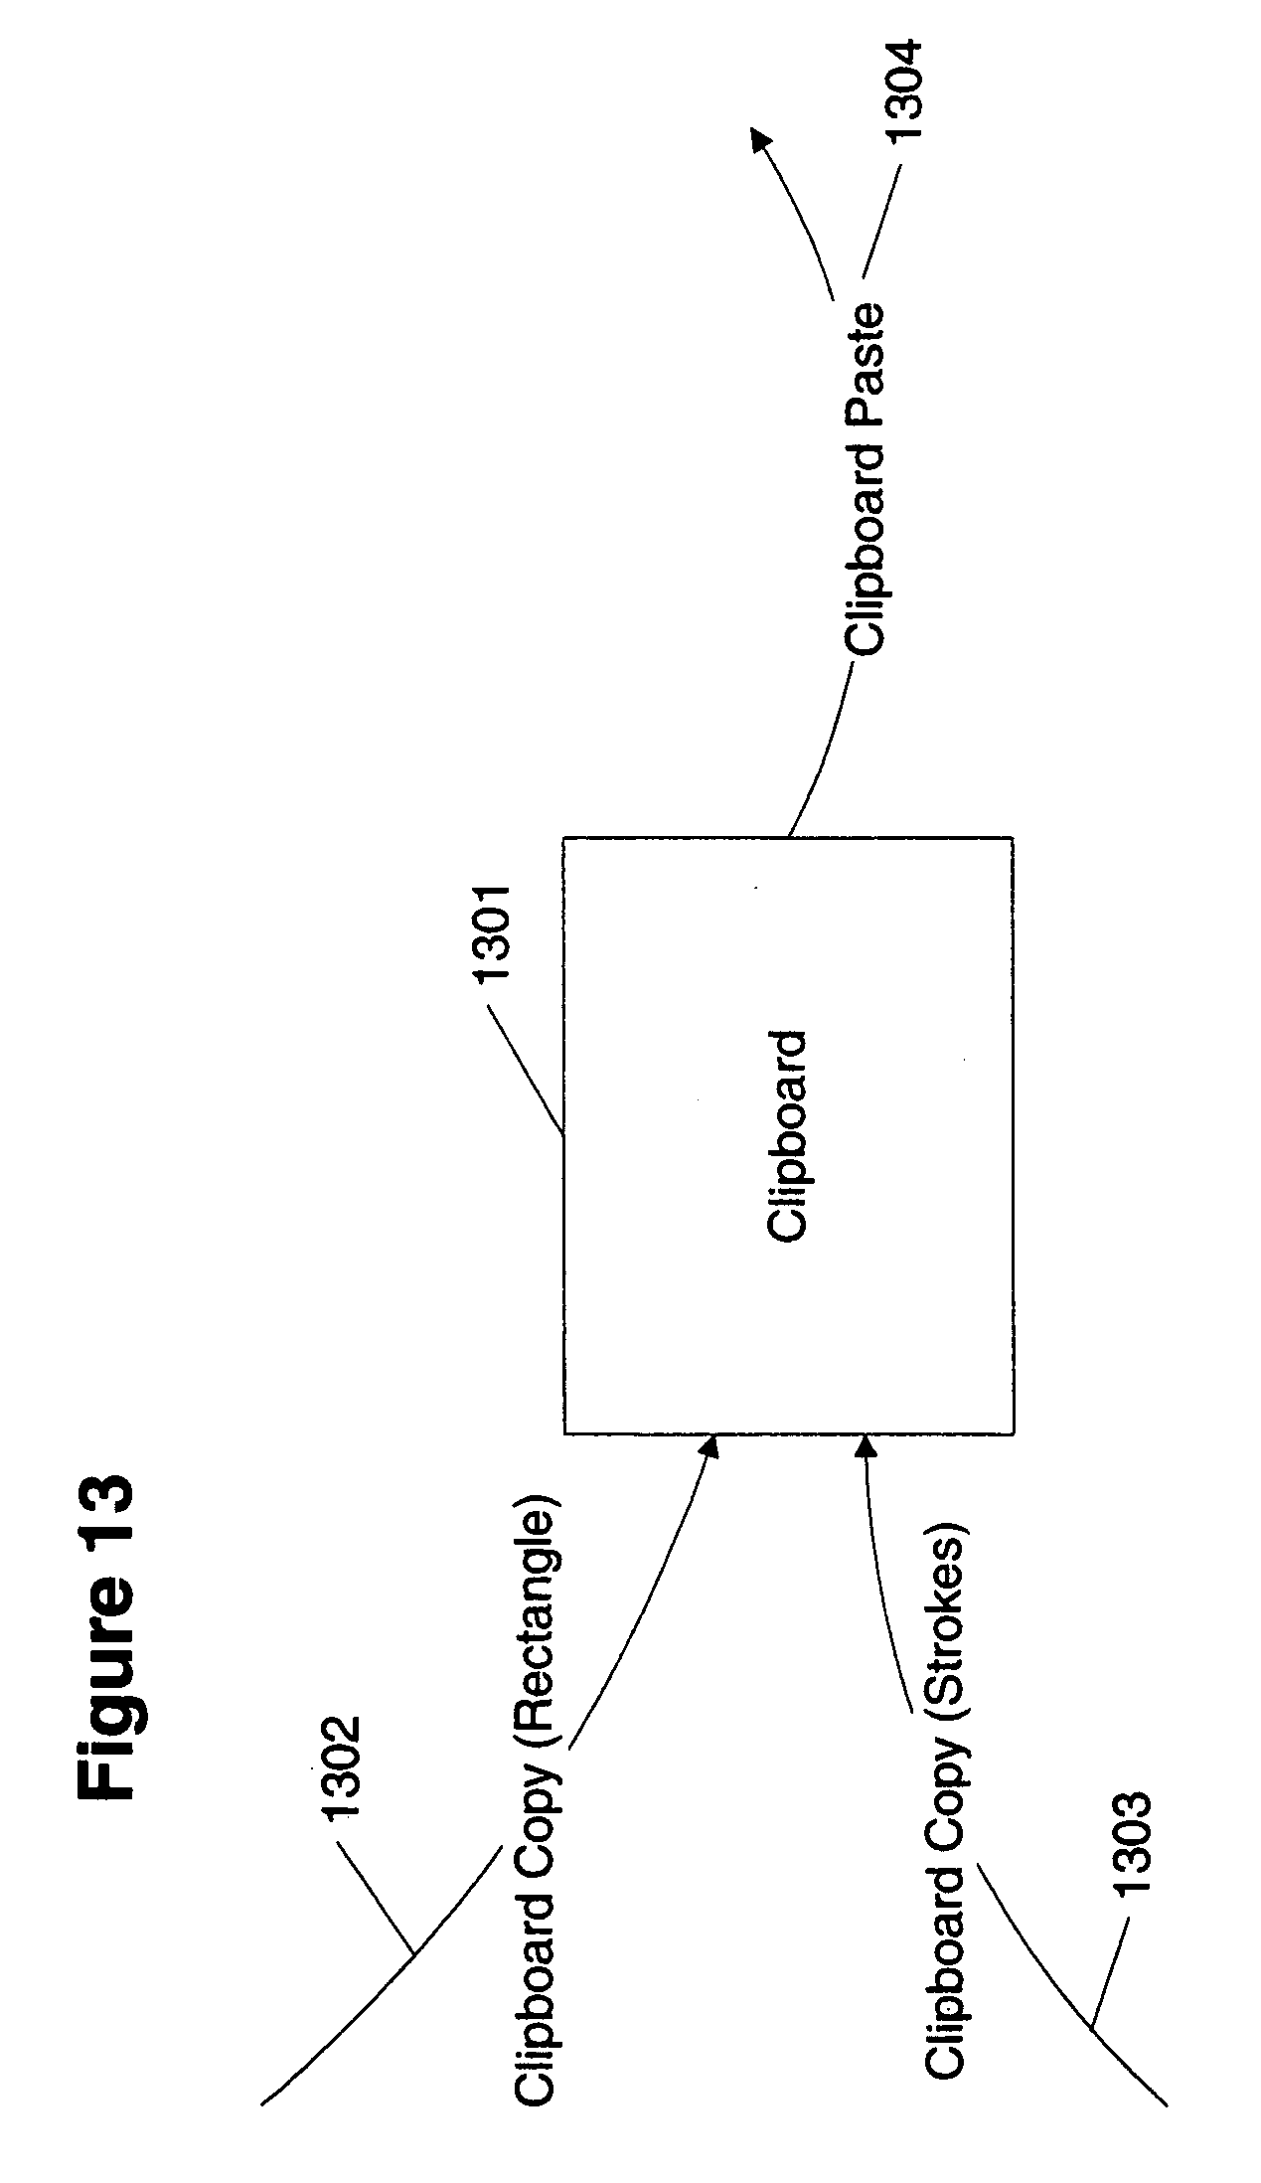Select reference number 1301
pos(494,934)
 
